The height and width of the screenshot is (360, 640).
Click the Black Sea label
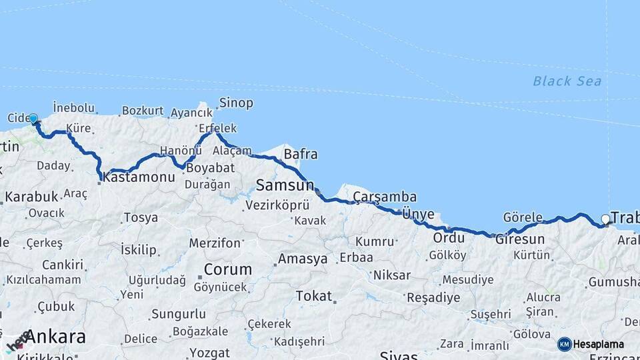click(x=567, y=81)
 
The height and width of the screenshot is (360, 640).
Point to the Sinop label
click(x=236, y=103)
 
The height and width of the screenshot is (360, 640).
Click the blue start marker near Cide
click(x=33, y=119)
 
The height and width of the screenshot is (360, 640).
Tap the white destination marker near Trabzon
click(x=605, y=219)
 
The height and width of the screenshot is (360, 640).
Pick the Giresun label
click(x=520, y=239)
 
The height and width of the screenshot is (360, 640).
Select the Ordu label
click(x=448, y=238)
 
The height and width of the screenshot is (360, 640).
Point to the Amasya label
click(x=303, y=258)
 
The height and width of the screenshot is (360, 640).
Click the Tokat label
click(x=313, y=295)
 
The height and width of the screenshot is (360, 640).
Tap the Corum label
click(x=228, y=270)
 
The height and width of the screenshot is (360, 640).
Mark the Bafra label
click(x=301, y=155)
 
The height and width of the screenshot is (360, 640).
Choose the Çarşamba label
click(x=385, y=197)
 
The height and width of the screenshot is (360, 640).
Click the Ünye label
click(x=419, y=214)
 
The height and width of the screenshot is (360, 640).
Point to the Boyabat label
click(x=210, y=168)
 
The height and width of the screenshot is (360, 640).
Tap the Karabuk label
click(x=31, y=197)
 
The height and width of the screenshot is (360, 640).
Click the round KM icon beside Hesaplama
click(x=565, y=345)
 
